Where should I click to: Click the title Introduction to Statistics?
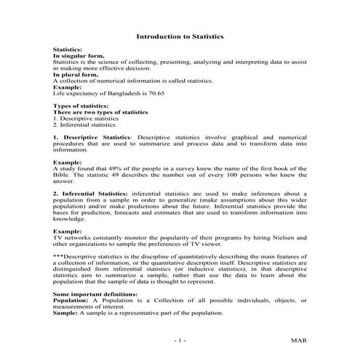[x=180, y=36]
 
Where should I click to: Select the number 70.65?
[x=157, y=94]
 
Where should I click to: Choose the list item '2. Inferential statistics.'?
[x=84, y=124]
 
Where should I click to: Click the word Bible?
[x=63, y=175]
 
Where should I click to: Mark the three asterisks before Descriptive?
[x=59, y=256]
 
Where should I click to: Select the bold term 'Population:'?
[x=71, y=299]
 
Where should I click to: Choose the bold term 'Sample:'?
[x=65, y=311]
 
